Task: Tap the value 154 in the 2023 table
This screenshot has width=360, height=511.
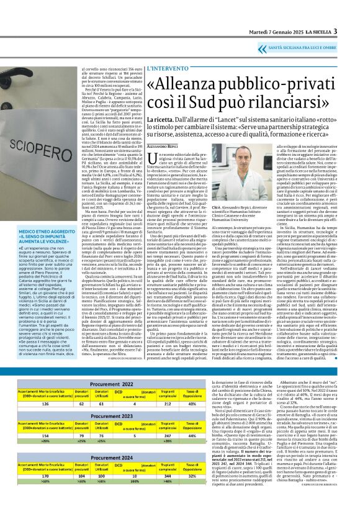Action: (x=24, y=436)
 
